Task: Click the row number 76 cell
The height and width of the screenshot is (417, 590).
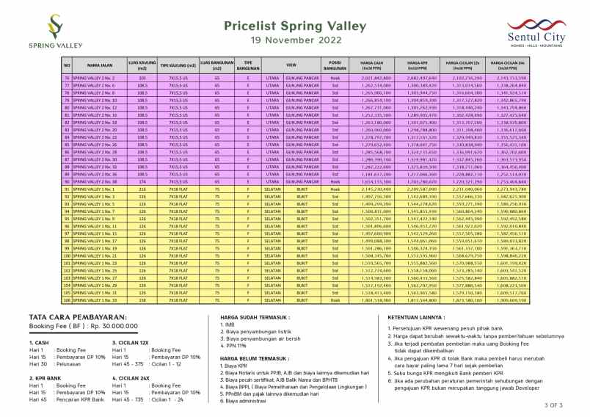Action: (67, 77)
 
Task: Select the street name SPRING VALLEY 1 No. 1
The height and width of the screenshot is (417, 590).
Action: (95, 188)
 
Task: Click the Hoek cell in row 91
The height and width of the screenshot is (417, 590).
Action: (335, 188)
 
